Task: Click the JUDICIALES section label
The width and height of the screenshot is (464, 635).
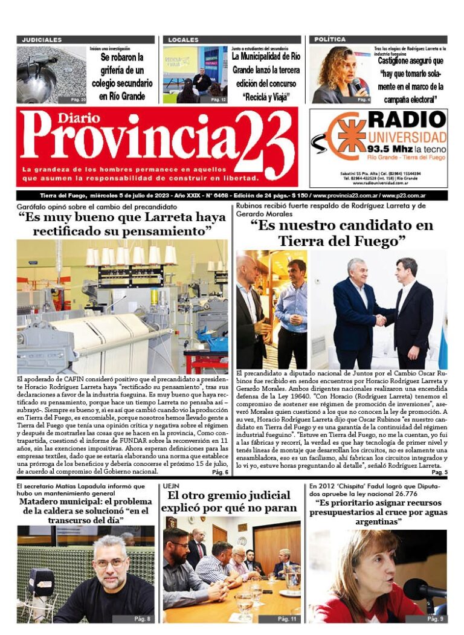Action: (42, 40)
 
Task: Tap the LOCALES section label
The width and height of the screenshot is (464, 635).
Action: (183, 40)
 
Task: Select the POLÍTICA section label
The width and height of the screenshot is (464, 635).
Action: (330, 40)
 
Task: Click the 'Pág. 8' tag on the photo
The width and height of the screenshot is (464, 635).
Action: (143, 618)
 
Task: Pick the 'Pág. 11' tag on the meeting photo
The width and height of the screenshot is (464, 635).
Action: (286, 618)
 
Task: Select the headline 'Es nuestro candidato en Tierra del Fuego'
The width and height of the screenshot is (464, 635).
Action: (341, 233)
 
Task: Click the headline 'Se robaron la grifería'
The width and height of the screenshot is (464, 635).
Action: (122, 77)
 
